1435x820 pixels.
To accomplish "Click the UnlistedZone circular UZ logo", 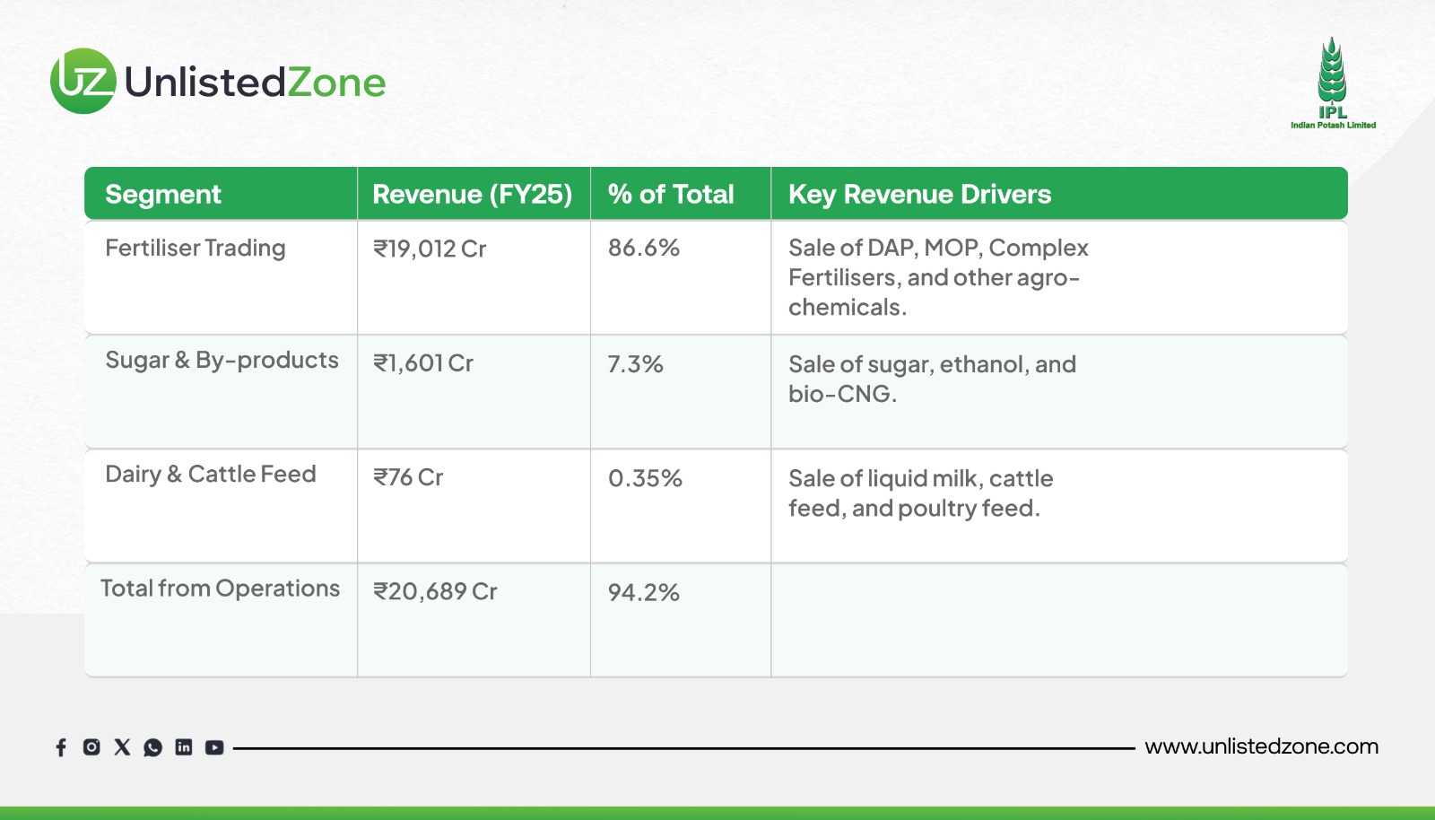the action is (x=83, y=81).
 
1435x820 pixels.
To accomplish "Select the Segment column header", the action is (x=162, y=194).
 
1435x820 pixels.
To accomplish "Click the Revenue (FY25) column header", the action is (x=472, y=194).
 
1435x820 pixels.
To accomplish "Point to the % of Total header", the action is (x=671, y=194).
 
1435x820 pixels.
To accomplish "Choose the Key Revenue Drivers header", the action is (x=919, y=194).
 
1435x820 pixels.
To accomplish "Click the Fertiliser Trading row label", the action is (x=196, y=249).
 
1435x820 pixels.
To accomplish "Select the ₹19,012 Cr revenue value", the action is (x=430, y=249).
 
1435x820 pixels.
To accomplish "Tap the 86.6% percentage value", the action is (x=643, y=248).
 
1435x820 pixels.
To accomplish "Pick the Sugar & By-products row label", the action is (x=222, y=360).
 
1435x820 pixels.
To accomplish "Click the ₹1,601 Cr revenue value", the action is (x=423, y=363).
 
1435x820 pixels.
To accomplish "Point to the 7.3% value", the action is (x=635, y=364).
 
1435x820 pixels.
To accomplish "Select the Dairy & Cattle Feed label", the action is (x=211, y=474).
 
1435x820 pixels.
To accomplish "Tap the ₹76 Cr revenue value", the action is (x=408, y=477).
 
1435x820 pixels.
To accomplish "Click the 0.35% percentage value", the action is (x=645, y=478).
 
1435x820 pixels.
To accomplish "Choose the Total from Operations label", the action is (x=220, y=589).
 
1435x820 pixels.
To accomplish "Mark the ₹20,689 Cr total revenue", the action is (x=435, y=591).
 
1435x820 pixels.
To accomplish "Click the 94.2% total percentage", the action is (x=643, y=592).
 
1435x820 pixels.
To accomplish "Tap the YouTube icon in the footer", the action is (x=214, y=747).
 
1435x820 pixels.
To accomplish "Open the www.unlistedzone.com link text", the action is (x=1261, y=746).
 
